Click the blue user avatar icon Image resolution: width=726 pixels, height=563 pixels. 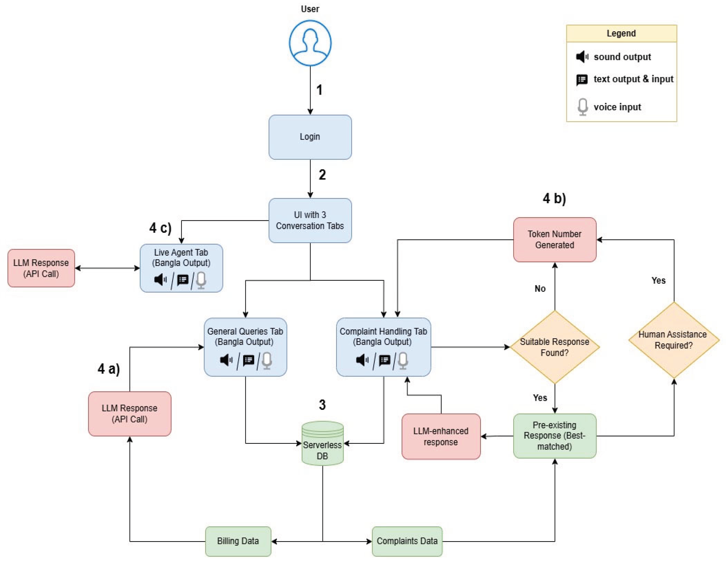310,43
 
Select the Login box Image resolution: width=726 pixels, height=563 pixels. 310,137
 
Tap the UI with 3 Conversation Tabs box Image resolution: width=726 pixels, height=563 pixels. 310,220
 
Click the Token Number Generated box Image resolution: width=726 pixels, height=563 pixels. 555,239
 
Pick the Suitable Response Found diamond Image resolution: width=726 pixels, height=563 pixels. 555,347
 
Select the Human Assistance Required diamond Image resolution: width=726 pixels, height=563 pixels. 673,340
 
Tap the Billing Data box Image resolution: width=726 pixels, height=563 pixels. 238,541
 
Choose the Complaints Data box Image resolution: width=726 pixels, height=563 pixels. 407,541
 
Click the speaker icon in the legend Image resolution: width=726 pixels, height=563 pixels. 582,57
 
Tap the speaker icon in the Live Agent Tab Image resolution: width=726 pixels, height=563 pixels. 160,280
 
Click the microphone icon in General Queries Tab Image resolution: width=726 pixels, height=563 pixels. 267,360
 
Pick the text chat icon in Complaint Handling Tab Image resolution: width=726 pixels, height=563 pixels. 385,360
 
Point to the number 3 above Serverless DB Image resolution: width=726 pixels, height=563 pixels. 322,405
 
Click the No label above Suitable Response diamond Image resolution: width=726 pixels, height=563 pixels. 540,289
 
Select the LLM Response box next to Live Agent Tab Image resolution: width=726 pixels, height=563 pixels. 41,268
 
